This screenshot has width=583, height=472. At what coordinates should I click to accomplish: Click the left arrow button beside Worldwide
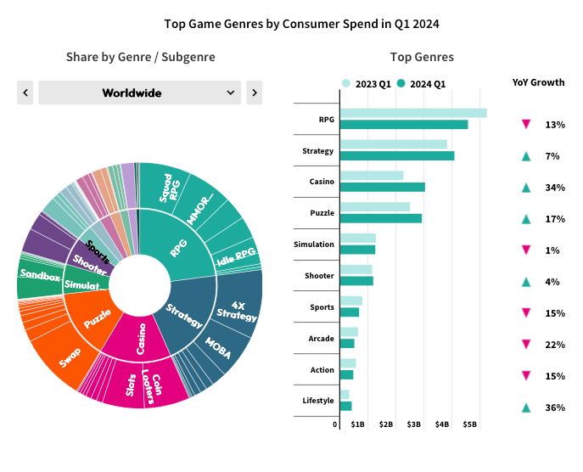click(25, 93)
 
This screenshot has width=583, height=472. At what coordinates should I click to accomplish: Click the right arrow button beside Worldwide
click(254, 93)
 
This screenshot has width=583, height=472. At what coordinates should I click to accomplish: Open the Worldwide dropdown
click(140, 93)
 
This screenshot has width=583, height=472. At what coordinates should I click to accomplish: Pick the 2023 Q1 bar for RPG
click(412, 113)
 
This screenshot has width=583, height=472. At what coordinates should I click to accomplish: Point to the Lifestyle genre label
click(318, 401)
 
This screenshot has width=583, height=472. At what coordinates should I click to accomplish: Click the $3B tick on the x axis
click(414, 424)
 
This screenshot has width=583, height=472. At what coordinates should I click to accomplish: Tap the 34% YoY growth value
click(555, 188)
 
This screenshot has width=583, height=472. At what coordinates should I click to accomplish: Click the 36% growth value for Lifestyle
click(555, 407)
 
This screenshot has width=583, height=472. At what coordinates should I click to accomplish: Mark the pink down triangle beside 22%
click(526, 344)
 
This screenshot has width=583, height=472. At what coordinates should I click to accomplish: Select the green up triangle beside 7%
click(526, 156)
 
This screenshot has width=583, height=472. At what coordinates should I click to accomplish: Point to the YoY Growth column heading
click(538, 82)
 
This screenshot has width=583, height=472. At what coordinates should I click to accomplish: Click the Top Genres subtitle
click(422, 57)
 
